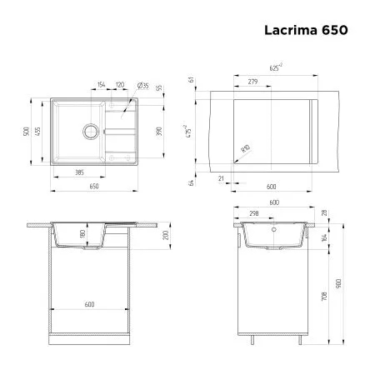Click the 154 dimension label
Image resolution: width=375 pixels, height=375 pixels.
point(101,84)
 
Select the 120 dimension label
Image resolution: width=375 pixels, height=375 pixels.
point(119,84)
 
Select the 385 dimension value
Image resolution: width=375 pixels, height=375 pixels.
point(77,173)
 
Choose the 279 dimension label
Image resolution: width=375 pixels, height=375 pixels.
point(253,82)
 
